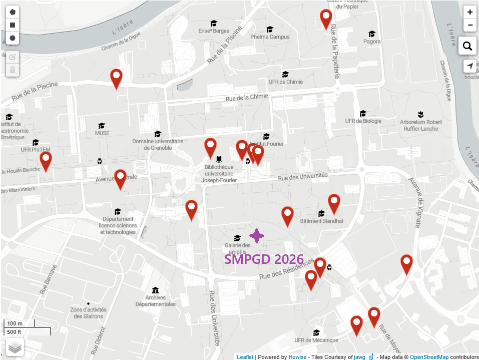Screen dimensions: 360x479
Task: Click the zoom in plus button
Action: [x=469, y=13]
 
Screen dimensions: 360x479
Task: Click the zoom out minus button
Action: [x=469, y=25]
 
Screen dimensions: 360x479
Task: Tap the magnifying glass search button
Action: [x=467, y=46]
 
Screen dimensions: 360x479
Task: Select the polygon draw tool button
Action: [x=13, y=12]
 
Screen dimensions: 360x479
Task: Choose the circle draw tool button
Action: [x=13, y=38]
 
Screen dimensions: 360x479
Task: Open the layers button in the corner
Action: [x=15, y=347]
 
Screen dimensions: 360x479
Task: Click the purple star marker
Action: [x=257, y=236]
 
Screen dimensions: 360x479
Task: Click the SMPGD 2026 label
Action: [x=264, y=259]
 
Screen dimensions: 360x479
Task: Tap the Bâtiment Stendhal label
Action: [x=321, y=221]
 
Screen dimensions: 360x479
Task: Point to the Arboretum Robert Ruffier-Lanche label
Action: [x=421, y=125]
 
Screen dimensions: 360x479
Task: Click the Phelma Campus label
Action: [x=270, y=37]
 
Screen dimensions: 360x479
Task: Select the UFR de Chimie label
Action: [x=286, y=82]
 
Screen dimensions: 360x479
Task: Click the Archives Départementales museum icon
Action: [x=155, y=290]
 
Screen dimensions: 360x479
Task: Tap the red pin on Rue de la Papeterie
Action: [x=326, y=19]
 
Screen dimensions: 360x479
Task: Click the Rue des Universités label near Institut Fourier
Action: [x=303, y=176]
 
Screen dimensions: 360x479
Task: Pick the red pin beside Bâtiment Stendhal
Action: [x=334, y=204]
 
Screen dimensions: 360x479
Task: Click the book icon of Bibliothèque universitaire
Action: [x=218, y=159]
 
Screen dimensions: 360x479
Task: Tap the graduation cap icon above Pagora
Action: [x=372, y=34]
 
